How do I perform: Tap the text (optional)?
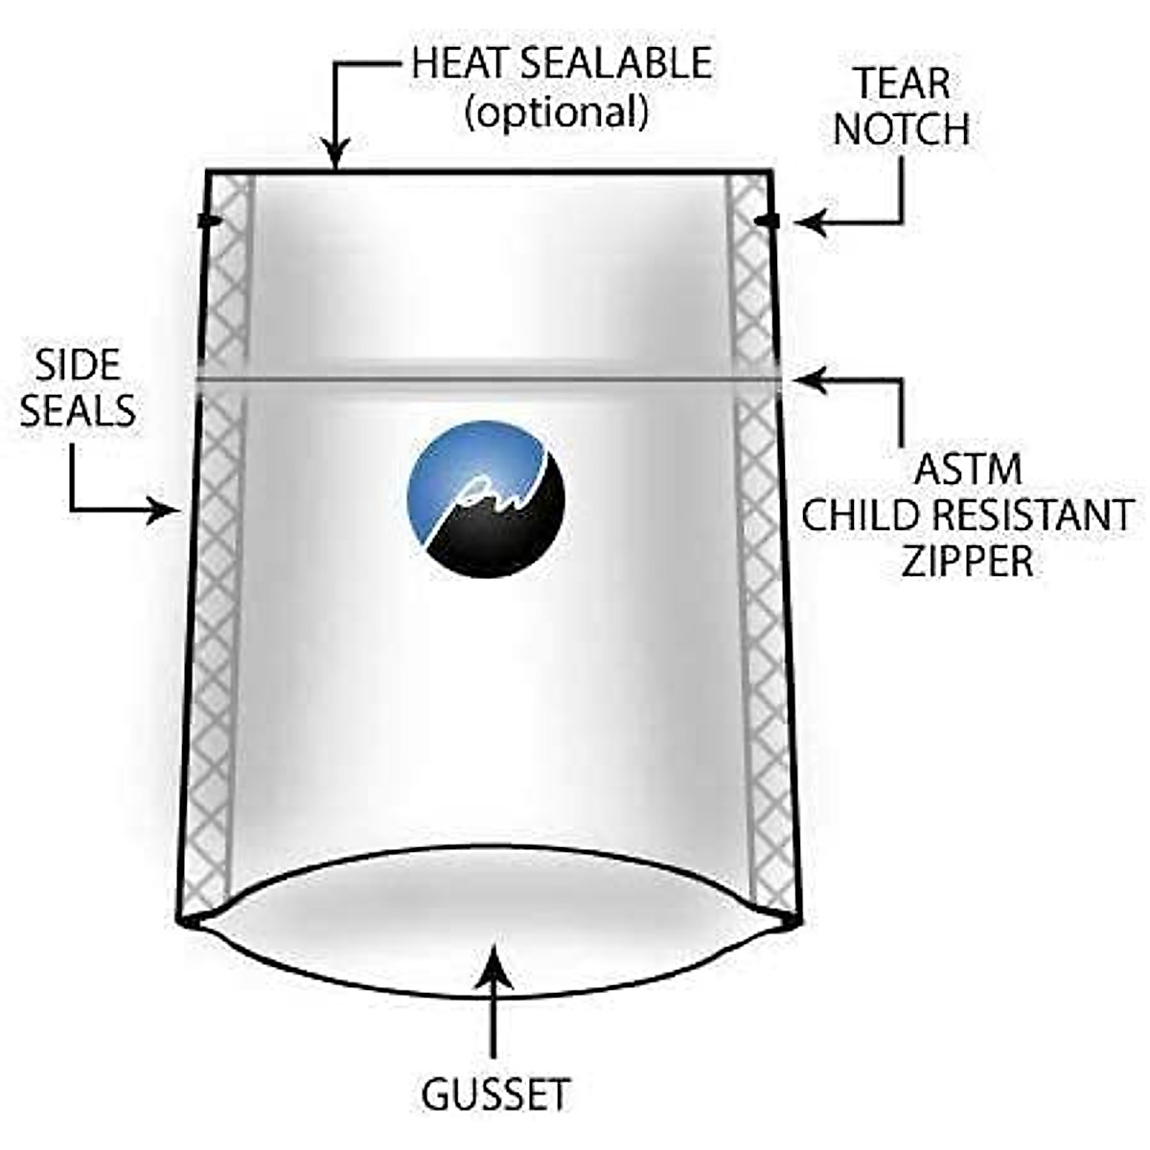click(x=556, y=113)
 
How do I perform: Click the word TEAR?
click(x=902, y=84)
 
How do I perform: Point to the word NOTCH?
click(x=902, y=129)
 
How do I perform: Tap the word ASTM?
click(x=968, y=471)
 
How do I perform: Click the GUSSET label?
click(x=495, y=1094)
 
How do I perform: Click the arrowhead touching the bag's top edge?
click(x=334, y=157)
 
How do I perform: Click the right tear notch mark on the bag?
click(x=767, y=222)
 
